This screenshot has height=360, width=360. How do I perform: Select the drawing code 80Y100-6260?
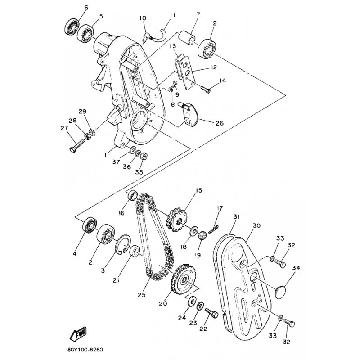point(85,350)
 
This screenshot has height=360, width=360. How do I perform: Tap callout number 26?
point(220,123)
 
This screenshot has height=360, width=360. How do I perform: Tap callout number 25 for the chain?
point(142,295)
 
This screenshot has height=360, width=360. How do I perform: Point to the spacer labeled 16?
point(132,195)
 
